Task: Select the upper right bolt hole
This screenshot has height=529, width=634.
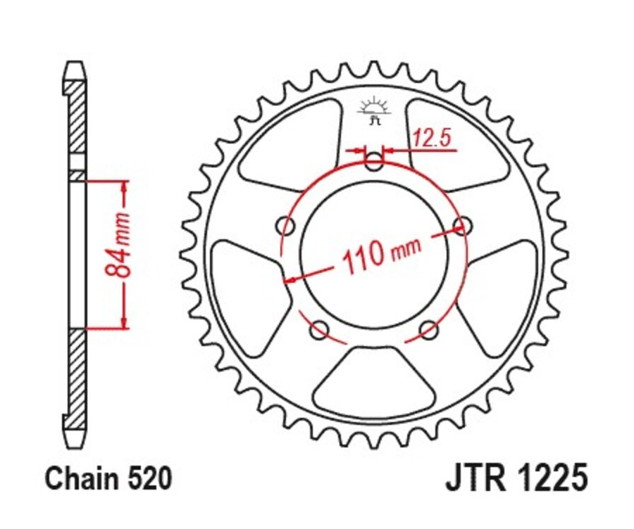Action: tap(463, 225)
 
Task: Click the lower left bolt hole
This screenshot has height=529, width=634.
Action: tap(319, 329)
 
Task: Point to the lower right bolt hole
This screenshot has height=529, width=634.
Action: tap(428, 329)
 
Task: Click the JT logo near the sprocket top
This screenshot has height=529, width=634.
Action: tap(373, 111)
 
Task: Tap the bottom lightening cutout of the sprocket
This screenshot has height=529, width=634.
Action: tap(374, 383)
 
